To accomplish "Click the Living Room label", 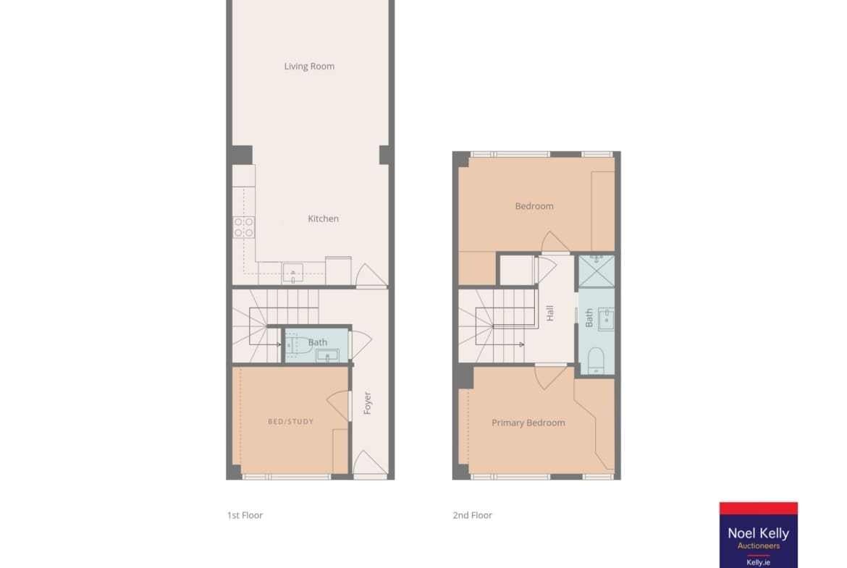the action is (309, 66).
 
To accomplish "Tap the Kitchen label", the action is (323, 218).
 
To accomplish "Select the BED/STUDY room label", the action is (290, 421).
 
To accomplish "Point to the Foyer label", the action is (367, 403).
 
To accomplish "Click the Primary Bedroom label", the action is (528, 423).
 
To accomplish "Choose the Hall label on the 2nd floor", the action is (550, 313).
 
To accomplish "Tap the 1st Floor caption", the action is (245, 515).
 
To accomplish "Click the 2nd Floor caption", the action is (472, 515).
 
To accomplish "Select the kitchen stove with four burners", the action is (244, 227).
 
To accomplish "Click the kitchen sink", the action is (292, 274).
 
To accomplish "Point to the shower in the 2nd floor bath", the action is (597, 271).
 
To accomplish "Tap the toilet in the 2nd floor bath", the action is (596, 360).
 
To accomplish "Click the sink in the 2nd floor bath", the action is (605, 319).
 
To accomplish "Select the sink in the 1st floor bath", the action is (326, 355).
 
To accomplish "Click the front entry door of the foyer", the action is (369, 464).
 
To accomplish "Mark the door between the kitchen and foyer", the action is (371, 276).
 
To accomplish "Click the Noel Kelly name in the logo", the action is (759, 533).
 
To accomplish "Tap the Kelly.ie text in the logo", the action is (759, 562).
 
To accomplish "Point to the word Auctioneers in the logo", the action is (759, 546).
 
